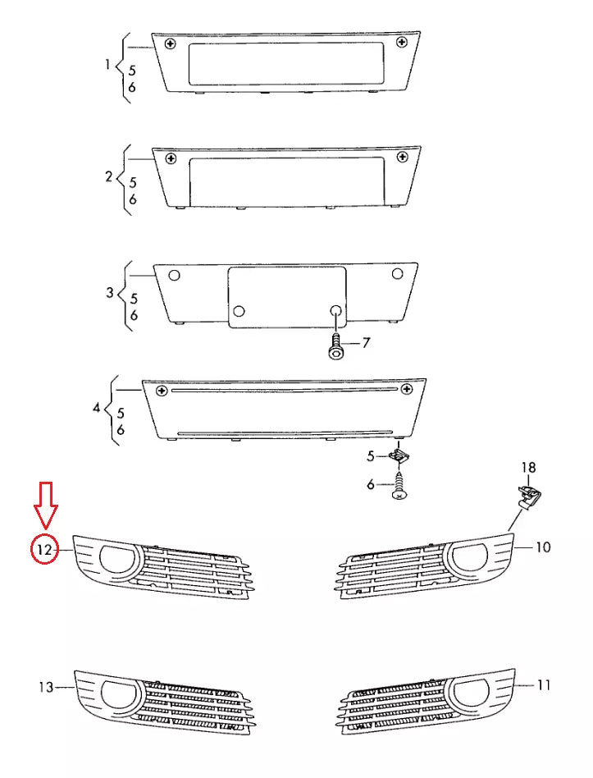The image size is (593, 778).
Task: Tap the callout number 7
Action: click(x=367, y=343)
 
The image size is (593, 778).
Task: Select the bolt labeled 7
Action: click(x=336, y=348)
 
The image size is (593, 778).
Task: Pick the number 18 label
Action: click(x=529, y=468)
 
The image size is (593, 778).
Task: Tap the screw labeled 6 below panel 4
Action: click(x=399, y=486)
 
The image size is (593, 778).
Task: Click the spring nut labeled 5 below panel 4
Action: click(x=399, y=455)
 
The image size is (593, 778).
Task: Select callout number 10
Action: click(x=543, y=547)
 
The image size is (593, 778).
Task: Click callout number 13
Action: click(x=45, y=686)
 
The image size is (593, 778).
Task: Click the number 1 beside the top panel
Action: click(x=109, y=63)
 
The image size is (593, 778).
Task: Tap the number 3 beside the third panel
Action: click(x=110, y=292)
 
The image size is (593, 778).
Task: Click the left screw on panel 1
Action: click(x=170, y=43)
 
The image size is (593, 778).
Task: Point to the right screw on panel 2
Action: click(x=401, y=157)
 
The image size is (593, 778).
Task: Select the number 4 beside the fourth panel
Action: click(x=97, y=407)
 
